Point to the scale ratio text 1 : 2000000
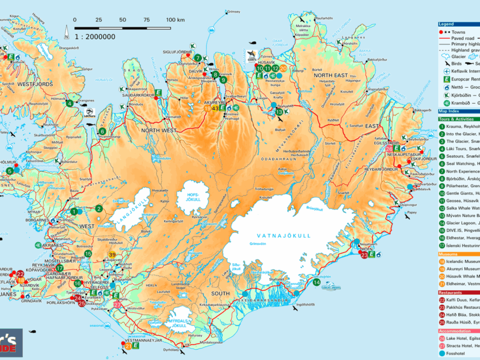tap(93, 37)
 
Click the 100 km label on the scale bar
tap(175, 20)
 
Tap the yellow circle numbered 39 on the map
tap(112, 255)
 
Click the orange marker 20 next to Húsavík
tap(283, 69)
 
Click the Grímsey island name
tap(233, 11)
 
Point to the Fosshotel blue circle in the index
tap(441, 353)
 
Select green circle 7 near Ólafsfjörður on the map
tap(197, 57)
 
